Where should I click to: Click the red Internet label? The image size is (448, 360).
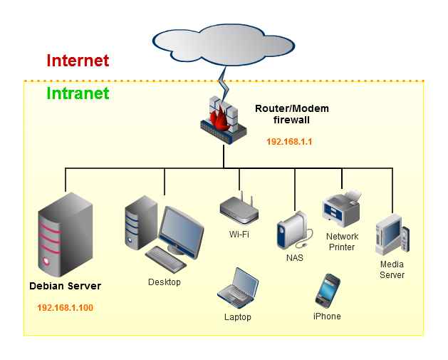[78, 61]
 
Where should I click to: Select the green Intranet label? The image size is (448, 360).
[78, 93]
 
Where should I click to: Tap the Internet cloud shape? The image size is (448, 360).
[224, 45]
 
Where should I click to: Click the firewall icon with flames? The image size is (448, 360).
[224, 120]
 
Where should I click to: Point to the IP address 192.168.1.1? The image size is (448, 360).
[289, 142]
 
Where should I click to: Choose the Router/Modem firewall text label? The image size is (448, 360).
[292, 114]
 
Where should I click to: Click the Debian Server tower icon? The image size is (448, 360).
[66, 235]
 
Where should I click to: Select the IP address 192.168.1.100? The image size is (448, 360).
[65, 308]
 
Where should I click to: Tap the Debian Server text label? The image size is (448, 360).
[65, 286]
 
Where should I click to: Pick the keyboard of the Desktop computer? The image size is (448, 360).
[166, 259]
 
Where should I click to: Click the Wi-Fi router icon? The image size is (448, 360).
[239, 208]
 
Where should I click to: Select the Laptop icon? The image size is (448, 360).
[238, 288]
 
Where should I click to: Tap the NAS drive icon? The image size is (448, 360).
[294, 230]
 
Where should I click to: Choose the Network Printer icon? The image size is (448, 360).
[342, 208]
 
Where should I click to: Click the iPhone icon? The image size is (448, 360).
[328, 291]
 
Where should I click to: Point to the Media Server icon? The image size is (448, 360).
[392, 235]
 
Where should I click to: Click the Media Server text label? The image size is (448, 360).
[392, 269]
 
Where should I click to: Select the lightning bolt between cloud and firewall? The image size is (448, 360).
[224, 83]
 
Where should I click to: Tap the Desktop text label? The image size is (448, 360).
[165, 282]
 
